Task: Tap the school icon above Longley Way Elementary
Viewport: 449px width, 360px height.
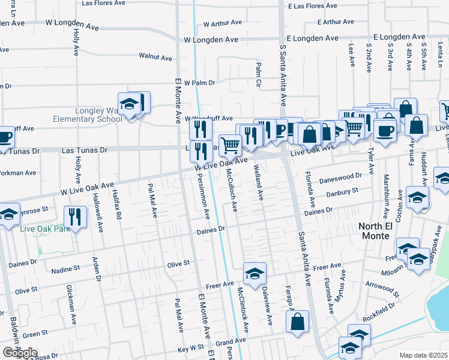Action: click(x=129, y=105)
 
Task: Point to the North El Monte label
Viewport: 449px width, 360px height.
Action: click(x=384, y=226)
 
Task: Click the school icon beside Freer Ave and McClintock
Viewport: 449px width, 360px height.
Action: click(x=255, y=274)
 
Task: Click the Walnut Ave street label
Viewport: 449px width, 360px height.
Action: click(x=155, y=57)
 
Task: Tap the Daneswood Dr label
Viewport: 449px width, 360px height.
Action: click(x=343, y=176)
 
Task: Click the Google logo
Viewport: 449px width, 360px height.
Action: click(x=20, y=353)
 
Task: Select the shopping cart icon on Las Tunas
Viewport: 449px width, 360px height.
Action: click(x=230, y=145)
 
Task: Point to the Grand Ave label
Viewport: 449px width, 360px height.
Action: click(x=227, y=343)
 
